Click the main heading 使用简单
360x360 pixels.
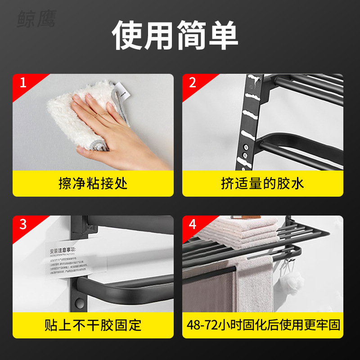pyautogui.click(x=175, y=35)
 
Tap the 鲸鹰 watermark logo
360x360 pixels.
pyautogui.click(x=36, y=19)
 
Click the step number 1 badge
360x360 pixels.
pyautogui.click(x=23, y=83)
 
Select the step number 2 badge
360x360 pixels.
pyautogui.click(x=193, y=83)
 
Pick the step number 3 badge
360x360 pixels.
pyautogui.click(x=23, y=224)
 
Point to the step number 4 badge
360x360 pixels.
pyautogui.click(x=193, y=224)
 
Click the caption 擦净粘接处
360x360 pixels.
pyautogui.click(x=93, y=183)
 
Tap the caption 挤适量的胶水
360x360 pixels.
pyautogui.click(x=262, y=183)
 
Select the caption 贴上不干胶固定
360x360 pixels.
pyautogui.click(x=93, y=325)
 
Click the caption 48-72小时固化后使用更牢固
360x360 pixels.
pyautogui.click(x=262, y=325)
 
